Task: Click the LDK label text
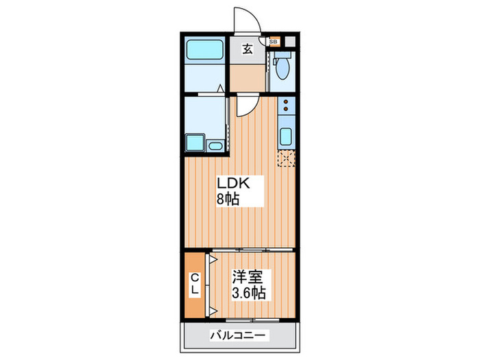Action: [232, 184]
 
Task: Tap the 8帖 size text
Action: [229, 200]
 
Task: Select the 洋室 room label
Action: [246, 277]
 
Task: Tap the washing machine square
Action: [195, 143]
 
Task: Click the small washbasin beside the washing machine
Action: [215, 145]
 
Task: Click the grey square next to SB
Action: [289, 42]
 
